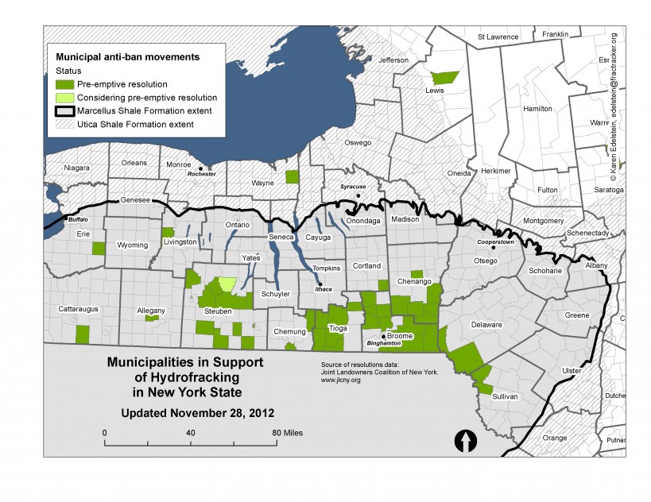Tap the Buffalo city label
click(77, 219)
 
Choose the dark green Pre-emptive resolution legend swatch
click(64, 84)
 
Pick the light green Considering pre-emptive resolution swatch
click(64, 98)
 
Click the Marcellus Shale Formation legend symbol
click(64, 111)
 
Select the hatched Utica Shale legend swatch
click(64, 125)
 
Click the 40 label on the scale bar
click(191, 432)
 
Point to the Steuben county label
click(217, 311)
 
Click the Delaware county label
click(486, 325)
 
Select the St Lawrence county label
click(497, 37)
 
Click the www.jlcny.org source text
click(340, 380)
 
